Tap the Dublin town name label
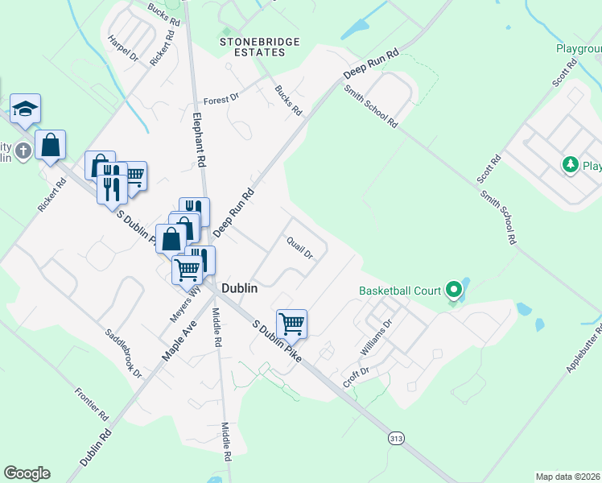point(239,288)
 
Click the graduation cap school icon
point(26,109)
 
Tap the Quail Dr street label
point(299,248)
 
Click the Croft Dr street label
point(356,376)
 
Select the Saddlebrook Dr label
point(123,353)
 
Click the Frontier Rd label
point(91,405)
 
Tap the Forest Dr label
point(221,99)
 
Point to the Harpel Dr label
point(123,48)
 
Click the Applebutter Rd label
point(585,348)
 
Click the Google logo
point(27,473)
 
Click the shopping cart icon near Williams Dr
point(292,324)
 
